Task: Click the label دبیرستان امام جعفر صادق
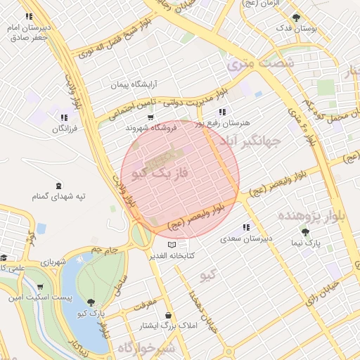28,32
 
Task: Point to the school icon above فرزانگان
64,117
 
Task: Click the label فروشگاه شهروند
149,127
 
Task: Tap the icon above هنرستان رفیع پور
222,111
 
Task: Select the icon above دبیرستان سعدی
245,227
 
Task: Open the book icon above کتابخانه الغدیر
173,244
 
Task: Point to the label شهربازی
53,262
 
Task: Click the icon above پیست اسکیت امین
40,287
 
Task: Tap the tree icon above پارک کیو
91,302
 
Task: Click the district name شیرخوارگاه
145,347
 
